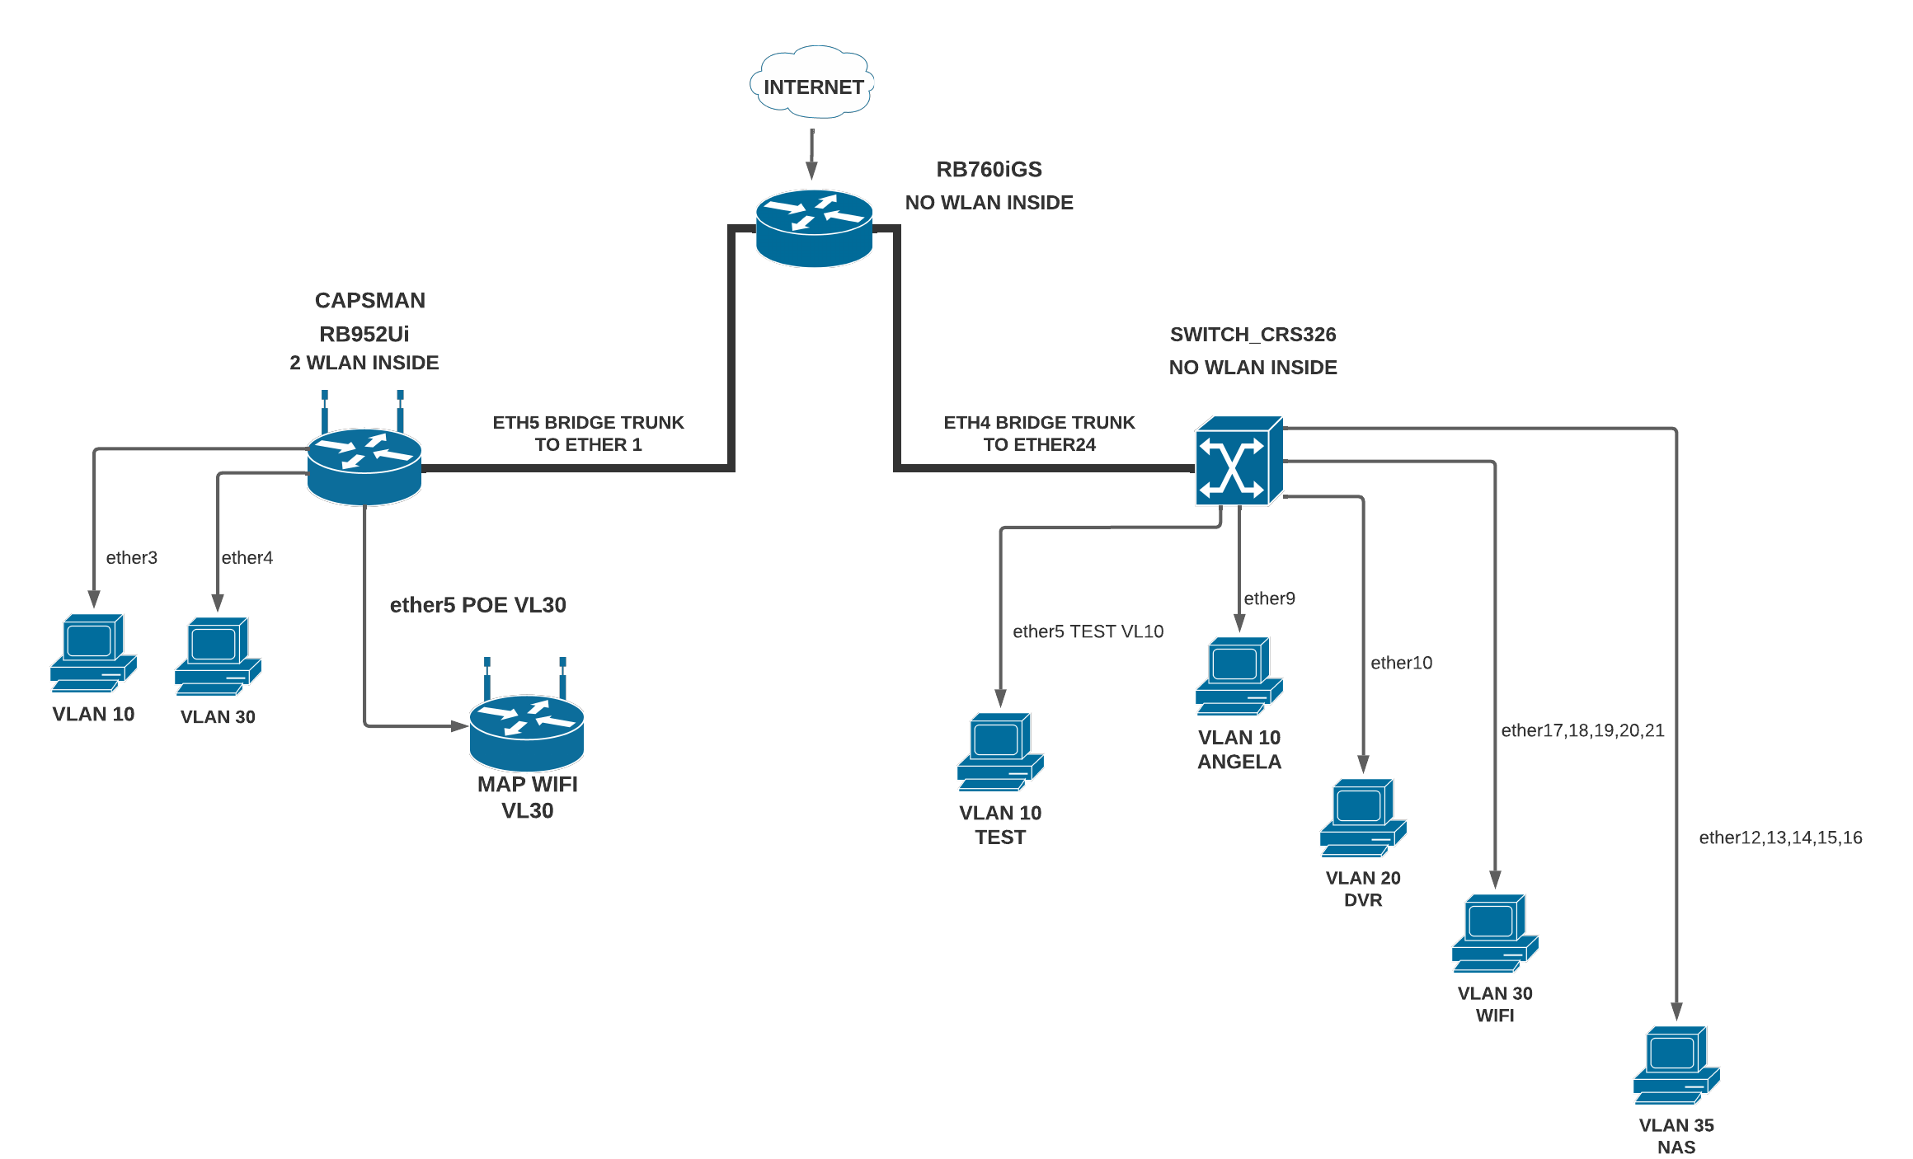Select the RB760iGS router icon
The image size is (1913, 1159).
click(814, 228)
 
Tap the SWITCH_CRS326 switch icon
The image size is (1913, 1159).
click(1239, 461)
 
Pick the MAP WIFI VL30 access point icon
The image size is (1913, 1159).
click(527, 730)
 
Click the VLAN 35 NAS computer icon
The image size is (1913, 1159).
click(1676, 1065)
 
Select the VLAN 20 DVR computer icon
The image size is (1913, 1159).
click(1362, 818)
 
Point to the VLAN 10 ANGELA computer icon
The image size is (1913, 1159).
click(1239, 676)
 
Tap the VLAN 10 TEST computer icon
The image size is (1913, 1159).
click(999, 752)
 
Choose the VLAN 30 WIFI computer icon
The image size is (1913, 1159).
click(1494, 933)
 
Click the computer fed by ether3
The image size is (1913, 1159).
click(93, 653)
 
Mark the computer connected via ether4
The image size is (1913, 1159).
click(218, 656)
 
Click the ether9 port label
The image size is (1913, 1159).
click(1269, 598)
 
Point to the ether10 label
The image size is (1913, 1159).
click(1401, 663)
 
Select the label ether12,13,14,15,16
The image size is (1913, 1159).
click(1780, 838)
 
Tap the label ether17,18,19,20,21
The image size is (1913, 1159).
click(1582, 730)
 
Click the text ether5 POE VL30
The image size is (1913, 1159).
click(477, 605)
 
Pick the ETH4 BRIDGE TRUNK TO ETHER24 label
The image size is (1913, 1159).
click(1039, 434)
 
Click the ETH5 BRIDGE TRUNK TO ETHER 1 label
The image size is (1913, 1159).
click(588, 434)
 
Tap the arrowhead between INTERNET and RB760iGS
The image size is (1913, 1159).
click(811, 170)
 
